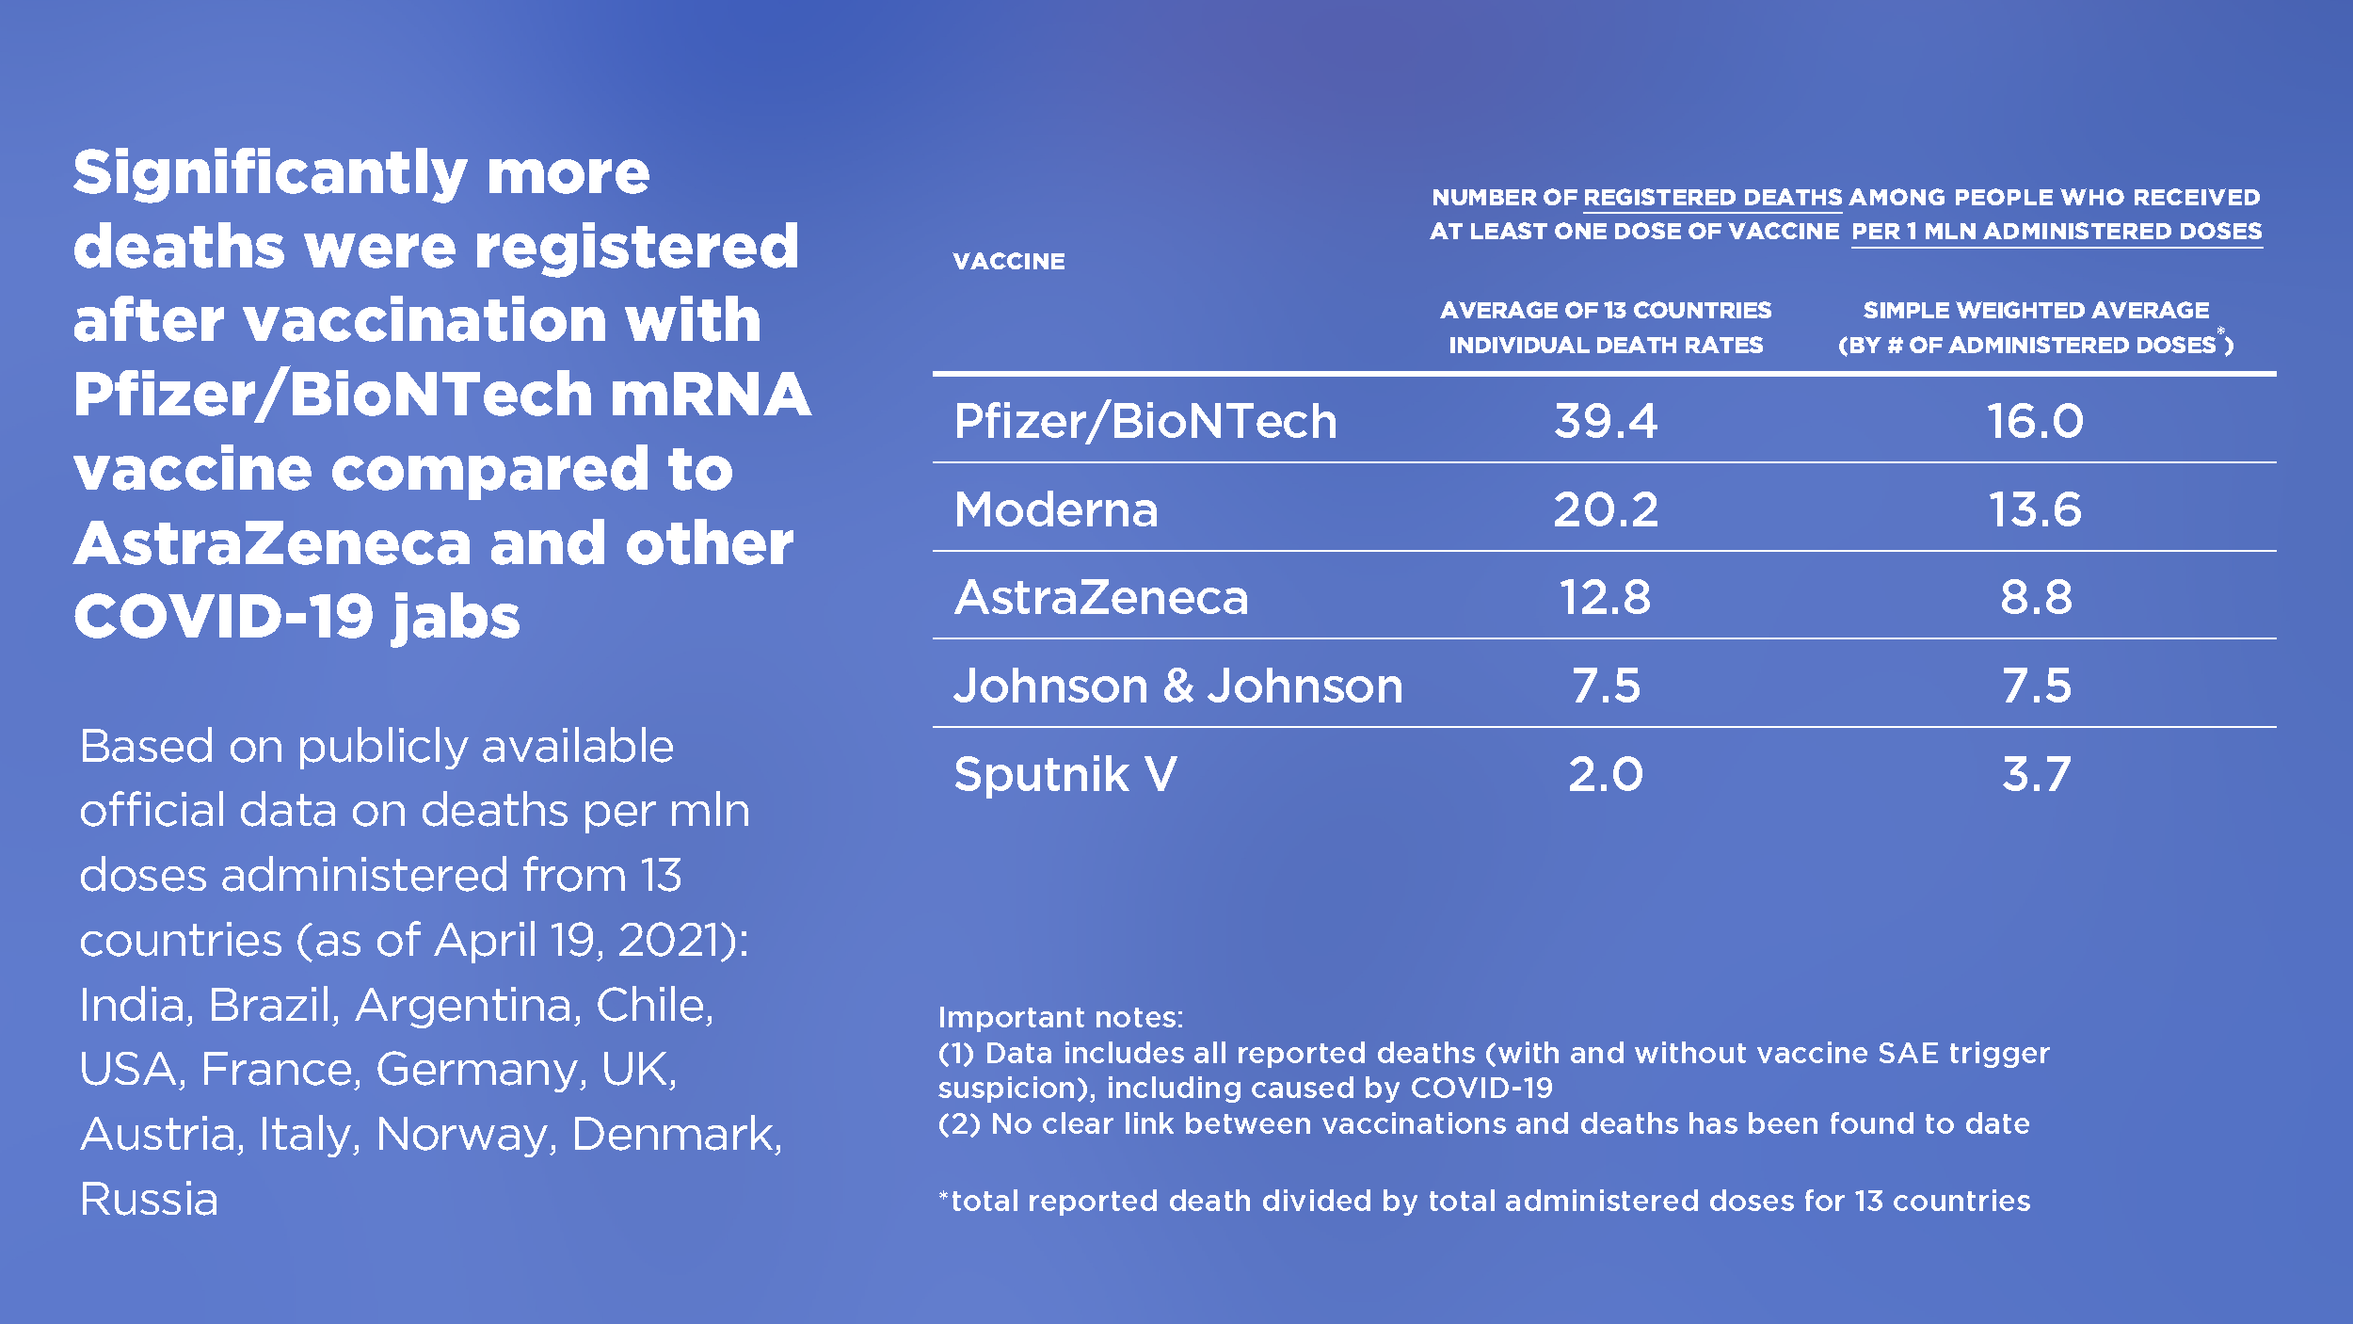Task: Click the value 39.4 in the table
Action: coord(1606,421)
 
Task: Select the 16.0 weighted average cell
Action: coord(2035,421)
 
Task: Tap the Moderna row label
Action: coord(1055,509)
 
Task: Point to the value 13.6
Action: coord(2035,509)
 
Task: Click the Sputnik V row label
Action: coord(1064,774)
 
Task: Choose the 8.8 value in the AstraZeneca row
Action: coord(2036,597)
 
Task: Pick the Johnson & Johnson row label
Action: coord(1177,686)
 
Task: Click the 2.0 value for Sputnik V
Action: coord(1606,774)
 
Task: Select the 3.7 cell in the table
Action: coord(2036,774)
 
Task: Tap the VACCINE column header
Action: coord(1009,262)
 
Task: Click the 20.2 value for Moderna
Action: coord(1606,509)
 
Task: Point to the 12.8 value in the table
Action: coord(1606,597)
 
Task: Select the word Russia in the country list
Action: coord(149,1199)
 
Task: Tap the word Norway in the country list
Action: coord(463,1135)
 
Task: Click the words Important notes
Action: coord(1060,1017)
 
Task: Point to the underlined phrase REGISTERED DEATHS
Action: coord(1712,198)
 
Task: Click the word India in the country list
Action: coord(136,1005)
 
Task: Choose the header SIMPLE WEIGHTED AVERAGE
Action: coord(2036,310)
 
